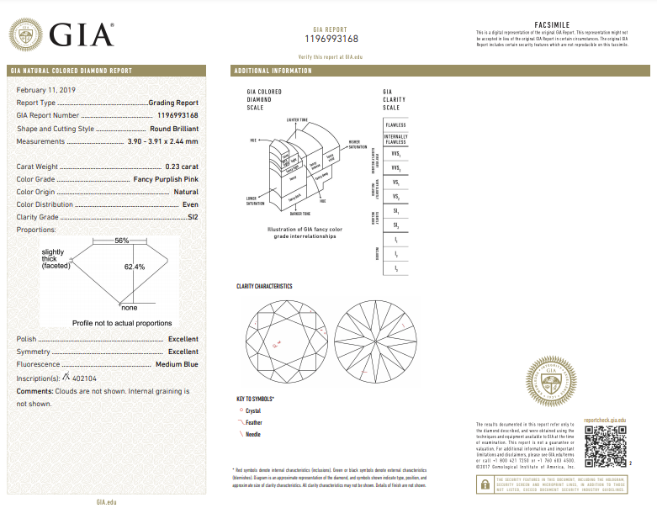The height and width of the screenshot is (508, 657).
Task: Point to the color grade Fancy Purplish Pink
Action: coord(166,180)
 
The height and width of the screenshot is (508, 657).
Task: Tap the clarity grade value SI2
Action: coord(193,217)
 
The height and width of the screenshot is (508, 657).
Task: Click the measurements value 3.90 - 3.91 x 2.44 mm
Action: coord(162,141)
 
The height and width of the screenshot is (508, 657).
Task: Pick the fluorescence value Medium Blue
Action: coord(177,365)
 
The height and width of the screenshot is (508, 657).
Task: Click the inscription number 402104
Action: coord(85,378)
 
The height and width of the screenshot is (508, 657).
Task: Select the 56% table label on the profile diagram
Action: coord(122,241)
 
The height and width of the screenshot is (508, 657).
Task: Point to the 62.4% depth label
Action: coord(135,267)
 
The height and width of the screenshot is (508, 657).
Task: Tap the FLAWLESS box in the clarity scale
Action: coord(395,124)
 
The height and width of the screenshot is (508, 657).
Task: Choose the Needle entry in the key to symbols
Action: coord(252,435)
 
